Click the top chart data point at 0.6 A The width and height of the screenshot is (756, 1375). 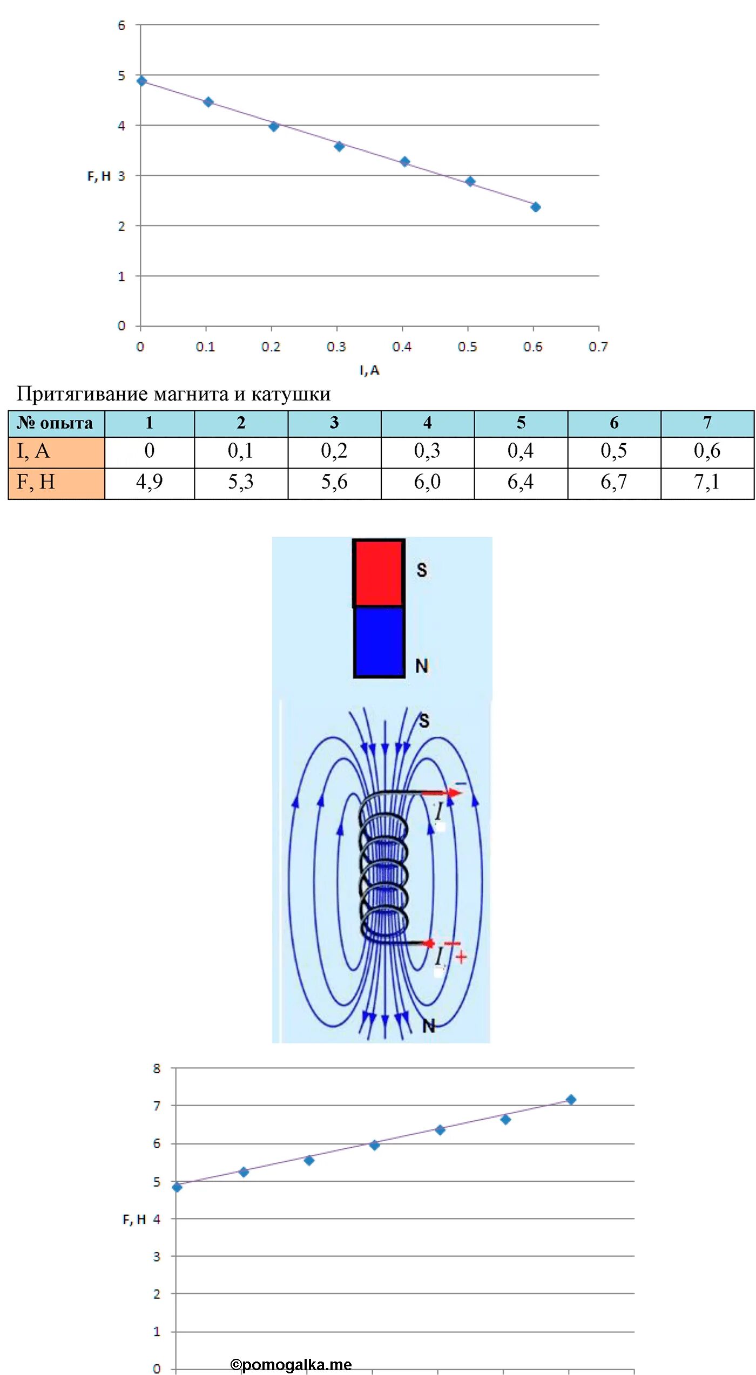click(x=535, y=207)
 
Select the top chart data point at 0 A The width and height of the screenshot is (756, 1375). click(x=141, y=81)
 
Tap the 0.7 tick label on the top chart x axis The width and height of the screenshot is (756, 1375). click(x=598, y=347)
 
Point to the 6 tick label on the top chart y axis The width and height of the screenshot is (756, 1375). click(x=122, y=25)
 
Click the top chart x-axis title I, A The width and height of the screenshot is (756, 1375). click(x=369, y=370)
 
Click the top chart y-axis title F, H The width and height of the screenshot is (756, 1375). click(x=99, y=177)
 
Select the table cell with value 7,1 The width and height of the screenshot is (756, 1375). click(x=707, y=482)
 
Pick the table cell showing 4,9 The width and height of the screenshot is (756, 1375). click(x=150, y=482)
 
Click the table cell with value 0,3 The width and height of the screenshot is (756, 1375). click(x=427, y=451)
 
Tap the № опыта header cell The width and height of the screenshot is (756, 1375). click(x=56, y=423)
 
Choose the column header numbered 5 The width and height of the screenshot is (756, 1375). click(x=521, y=423)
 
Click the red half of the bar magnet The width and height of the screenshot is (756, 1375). click(x=379, y=573)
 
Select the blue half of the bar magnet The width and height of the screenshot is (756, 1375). click(x=379, y=641)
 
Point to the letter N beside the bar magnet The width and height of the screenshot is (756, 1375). click(x=422, y=666)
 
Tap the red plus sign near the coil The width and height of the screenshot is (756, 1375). click(x=461, y=957)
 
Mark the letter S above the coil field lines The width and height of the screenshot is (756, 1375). click(x=424, y=720)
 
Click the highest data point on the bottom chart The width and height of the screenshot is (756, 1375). click(x=571, y=1100)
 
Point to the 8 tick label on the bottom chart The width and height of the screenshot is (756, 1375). click(x=157, y=1069)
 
